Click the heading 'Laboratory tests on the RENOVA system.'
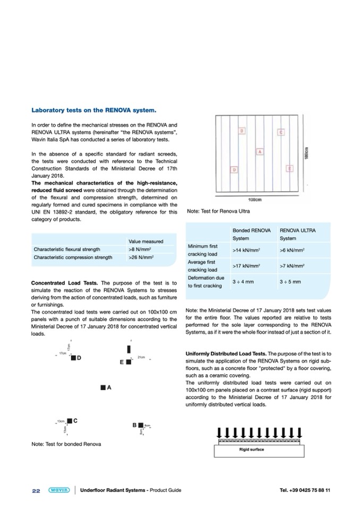94,110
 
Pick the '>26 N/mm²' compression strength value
141,257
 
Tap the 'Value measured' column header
145,241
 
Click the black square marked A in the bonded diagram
102,388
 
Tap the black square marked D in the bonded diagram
73,358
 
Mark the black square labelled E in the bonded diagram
128,362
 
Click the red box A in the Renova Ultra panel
259,152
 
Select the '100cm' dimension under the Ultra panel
255,200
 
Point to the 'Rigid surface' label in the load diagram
252,450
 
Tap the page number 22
36,490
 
